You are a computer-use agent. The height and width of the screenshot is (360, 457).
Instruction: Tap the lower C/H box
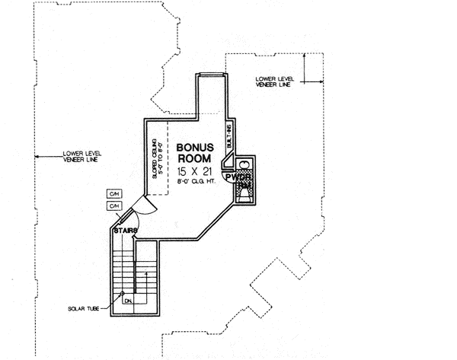coord(114,206)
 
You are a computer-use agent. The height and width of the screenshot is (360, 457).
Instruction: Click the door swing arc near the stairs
coord(138,207)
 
